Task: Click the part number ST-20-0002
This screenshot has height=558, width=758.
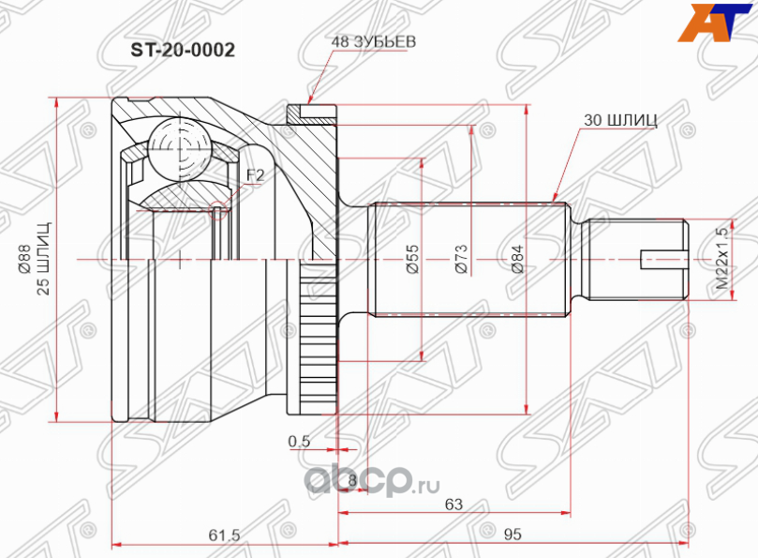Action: click(174, 48)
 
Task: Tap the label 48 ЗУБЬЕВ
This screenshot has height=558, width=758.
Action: click(373, 42)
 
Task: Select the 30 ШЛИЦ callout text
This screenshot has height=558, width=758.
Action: click(619, 119)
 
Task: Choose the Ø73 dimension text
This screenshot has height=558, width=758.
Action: click(459, 257)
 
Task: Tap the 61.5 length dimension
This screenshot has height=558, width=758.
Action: click(225, 535)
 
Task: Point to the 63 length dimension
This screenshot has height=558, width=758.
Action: click(453, 505)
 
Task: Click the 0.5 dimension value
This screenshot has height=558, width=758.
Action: click(299, 441)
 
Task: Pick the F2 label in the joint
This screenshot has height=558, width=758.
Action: click(255, 175)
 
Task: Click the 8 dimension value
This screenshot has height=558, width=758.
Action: click(351, 480)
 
